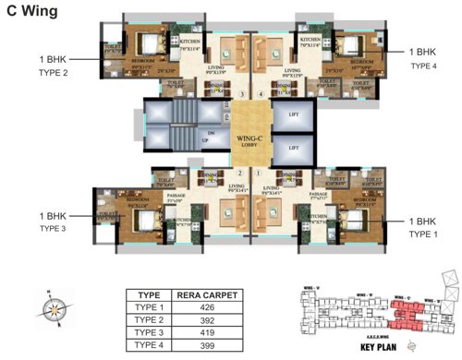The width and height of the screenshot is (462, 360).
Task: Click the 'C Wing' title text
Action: click(34, 12)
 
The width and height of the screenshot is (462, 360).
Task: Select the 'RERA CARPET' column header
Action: click(208, 295)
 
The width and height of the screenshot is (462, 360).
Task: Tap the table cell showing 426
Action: click(208, 308)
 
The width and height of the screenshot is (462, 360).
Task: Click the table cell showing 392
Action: click(208, 320)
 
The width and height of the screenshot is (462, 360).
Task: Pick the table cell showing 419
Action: click(208, 332)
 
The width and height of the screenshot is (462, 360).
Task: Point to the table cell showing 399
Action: click(208, 344)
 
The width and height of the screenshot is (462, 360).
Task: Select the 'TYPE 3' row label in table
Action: click(151, 332)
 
